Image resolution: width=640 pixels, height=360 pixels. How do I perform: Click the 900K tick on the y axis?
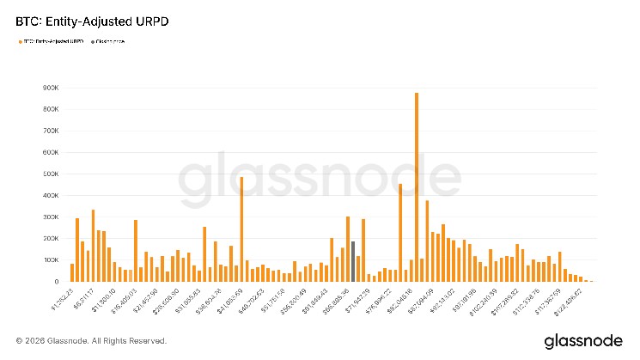point(49,88)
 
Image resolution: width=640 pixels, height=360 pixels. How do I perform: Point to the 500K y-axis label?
point(49,174)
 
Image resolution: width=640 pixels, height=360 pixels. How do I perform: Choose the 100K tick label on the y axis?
point(49,260)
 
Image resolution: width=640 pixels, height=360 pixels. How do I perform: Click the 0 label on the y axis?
point(55,282)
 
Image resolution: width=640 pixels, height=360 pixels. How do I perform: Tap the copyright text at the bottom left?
point(91,341)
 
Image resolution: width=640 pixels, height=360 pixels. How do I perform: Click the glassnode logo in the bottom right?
point(581,341)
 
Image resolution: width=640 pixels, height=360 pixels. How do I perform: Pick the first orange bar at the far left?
point(72,272)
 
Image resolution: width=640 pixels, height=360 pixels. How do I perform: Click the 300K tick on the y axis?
point(49,217)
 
